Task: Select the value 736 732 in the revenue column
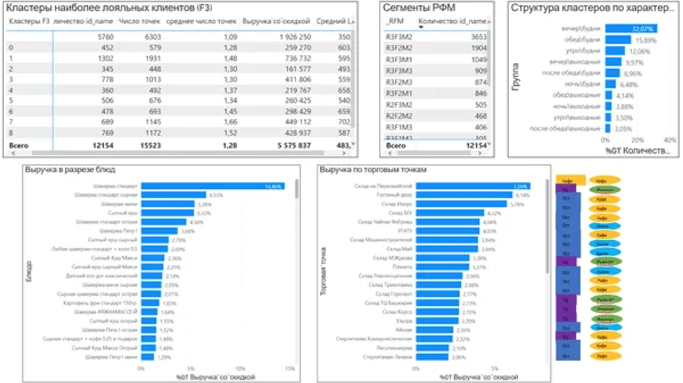[x=294, y=59]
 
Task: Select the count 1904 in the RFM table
[x=478, y=48]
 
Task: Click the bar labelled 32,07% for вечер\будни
[x=631, y=29]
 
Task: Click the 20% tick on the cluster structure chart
[x=638, y=140]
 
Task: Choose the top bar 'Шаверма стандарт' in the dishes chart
[x=213, y=186]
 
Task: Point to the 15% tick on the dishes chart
[x=290, y=368]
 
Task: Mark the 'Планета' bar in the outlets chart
[x=442, y=267]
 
